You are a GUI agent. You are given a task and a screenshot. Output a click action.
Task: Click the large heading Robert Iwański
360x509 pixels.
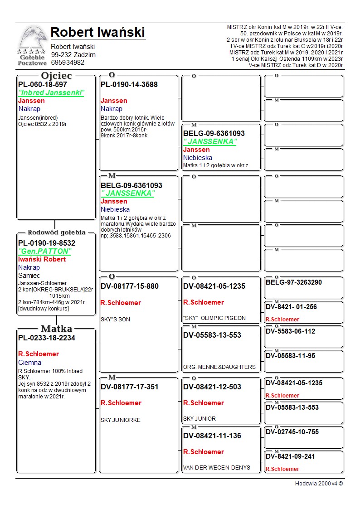(x=97, y=32)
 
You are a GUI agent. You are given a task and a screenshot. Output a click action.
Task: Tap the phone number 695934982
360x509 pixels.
(x=68, y=63)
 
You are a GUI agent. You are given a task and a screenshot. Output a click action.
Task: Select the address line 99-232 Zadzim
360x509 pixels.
(x=73, y=55)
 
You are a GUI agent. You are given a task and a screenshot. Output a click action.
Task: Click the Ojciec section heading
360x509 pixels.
(x=56, y=76)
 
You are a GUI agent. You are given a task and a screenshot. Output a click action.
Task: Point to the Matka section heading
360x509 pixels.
(x=56, y=329)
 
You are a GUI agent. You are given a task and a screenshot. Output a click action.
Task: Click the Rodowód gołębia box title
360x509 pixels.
(x=56, y=233)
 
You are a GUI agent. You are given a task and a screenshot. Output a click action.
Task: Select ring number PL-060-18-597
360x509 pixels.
(x=43, y=85)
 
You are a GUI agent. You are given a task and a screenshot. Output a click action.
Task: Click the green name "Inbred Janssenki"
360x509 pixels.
(x=51, y=93)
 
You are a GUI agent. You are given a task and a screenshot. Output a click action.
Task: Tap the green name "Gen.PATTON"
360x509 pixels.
(x=44, y=251)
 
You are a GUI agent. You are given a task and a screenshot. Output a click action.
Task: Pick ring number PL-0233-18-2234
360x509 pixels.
(x=47, y=338)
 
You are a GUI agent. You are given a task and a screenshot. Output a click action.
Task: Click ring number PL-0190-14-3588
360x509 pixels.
(x=129, y=85)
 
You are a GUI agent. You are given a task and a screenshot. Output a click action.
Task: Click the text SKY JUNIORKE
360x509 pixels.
(x=121, y=420)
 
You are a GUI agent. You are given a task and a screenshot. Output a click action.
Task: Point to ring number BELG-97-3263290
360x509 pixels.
(x=294, y=282)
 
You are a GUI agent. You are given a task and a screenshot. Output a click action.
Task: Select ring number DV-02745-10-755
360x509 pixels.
(x=292, y=432)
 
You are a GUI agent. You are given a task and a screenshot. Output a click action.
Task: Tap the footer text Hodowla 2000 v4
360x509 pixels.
(x=319, y=484)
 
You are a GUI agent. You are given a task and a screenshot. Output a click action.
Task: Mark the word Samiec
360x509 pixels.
(x=29, y=276)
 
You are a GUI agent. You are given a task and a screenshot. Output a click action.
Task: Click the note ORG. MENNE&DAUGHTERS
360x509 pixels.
(x=219, y=367)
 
